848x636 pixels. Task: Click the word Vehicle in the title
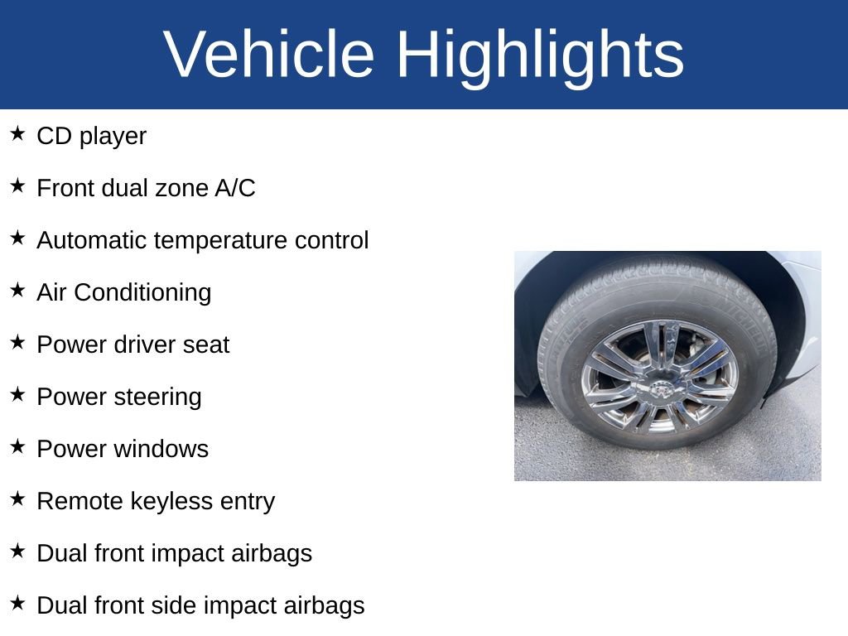269,55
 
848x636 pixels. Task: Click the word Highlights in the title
540,55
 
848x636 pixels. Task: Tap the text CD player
91,136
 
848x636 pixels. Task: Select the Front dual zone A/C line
146,188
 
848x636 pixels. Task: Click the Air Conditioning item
123,292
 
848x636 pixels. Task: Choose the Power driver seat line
132,344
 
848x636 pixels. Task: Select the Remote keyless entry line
156,501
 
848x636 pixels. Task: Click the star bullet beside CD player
17,133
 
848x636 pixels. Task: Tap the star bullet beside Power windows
17,446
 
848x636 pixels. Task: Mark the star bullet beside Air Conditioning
17,290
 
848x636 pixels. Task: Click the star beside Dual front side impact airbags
17,603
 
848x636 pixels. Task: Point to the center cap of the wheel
660,388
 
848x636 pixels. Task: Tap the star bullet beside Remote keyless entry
17,499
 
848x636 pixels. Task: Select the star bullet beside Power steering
17,394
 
